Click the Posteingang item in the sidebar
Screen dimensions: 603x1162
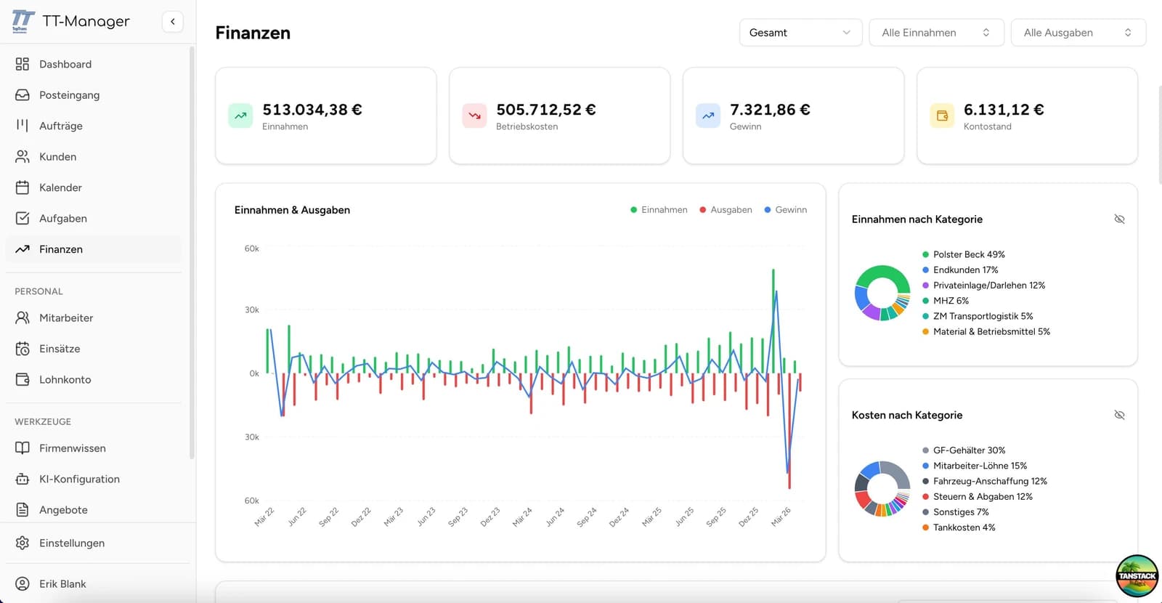point(69,95)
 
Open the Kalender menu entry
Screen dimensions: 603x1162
point(60,187)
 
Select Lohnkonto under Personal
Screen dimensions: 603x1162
point(65,379)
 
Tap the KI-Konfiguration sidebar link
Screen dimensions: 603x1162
point(79,479)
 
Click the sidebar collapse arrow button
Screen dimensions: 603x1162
point(173,22)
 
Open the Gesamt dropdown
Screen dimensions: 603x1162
point(800,33)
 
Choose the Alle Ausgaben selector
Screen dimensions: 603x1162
point(1078,33)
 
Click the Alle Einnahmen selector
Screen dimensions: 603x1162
point(935,33)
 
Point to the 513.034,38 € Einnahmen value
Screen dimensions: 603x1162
point(312,110)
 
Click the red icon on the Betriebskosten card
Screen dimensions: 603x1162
point(474,116)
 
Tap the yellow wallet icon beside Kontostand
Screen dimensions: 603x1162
point(942,116)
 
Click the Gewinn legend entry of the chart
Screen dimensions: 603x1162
point(786,210)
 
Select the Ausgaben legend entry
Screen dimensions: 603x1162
point(726,210)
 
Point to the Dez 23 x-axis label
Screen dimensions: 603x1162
point(490,517)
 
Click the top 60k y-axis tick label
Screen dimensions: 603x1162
point(251,248)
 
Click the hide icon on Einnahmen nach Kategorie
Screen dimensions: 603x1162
point(1119,219)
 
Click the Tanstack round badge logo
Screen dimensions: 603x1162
point(1137,575)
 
